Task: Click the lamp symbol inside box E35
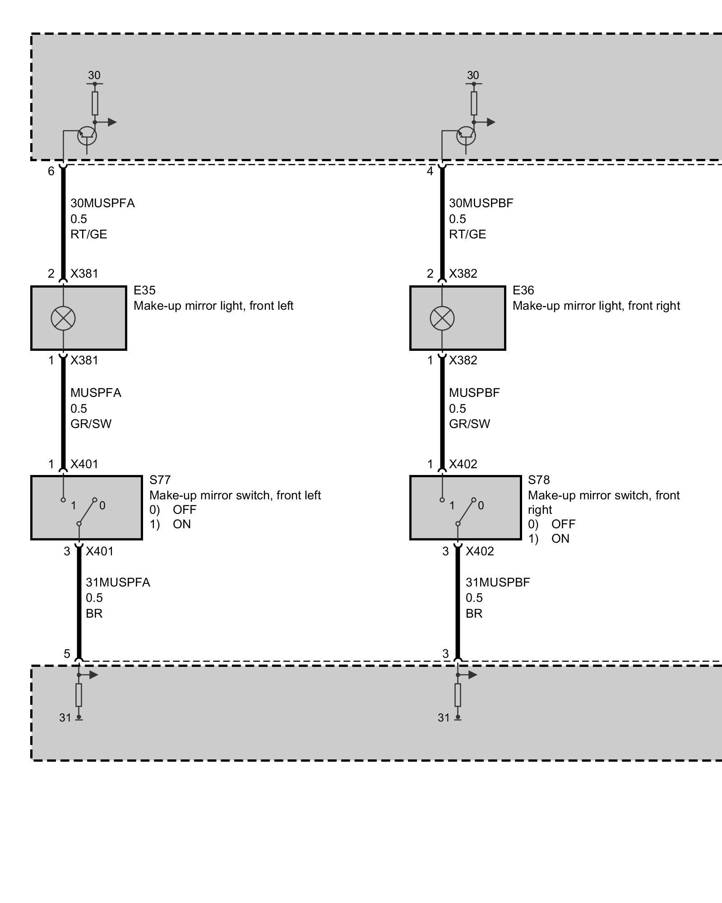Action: coord(63,318)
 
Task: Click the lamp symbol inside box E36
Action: coord(442,318)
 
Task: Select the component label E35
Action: coord(144,290)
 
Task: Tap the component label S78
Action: coord(539,480)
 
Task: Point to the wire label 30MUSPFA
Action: coord(102,203)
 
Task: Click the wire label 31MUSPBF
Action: coord(498,582)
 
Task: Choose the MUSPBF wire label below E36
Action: coord(474,393)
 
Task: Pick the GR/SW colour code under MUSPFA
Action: coord(91,424)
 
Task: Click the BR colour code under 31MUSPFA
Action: coord(94,614)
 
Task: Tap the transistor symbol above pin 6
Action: coord(87,135)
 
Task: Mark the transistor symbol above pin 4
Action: coord(466,135)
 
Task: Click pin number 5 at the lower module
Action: coord(67,653)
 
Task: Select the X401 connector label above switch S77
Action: coord(84,464)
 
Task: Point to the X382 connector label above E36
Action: coord(463,274)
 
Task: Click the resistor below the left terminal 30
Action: coord(95,103)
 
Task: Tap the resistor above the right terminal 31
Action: coord(458,695)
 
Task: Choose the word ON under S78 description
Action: coord(560,539)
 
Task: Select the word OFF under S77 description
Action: coord(185,510)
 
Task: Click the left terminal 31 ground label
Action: coord(65,718)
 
